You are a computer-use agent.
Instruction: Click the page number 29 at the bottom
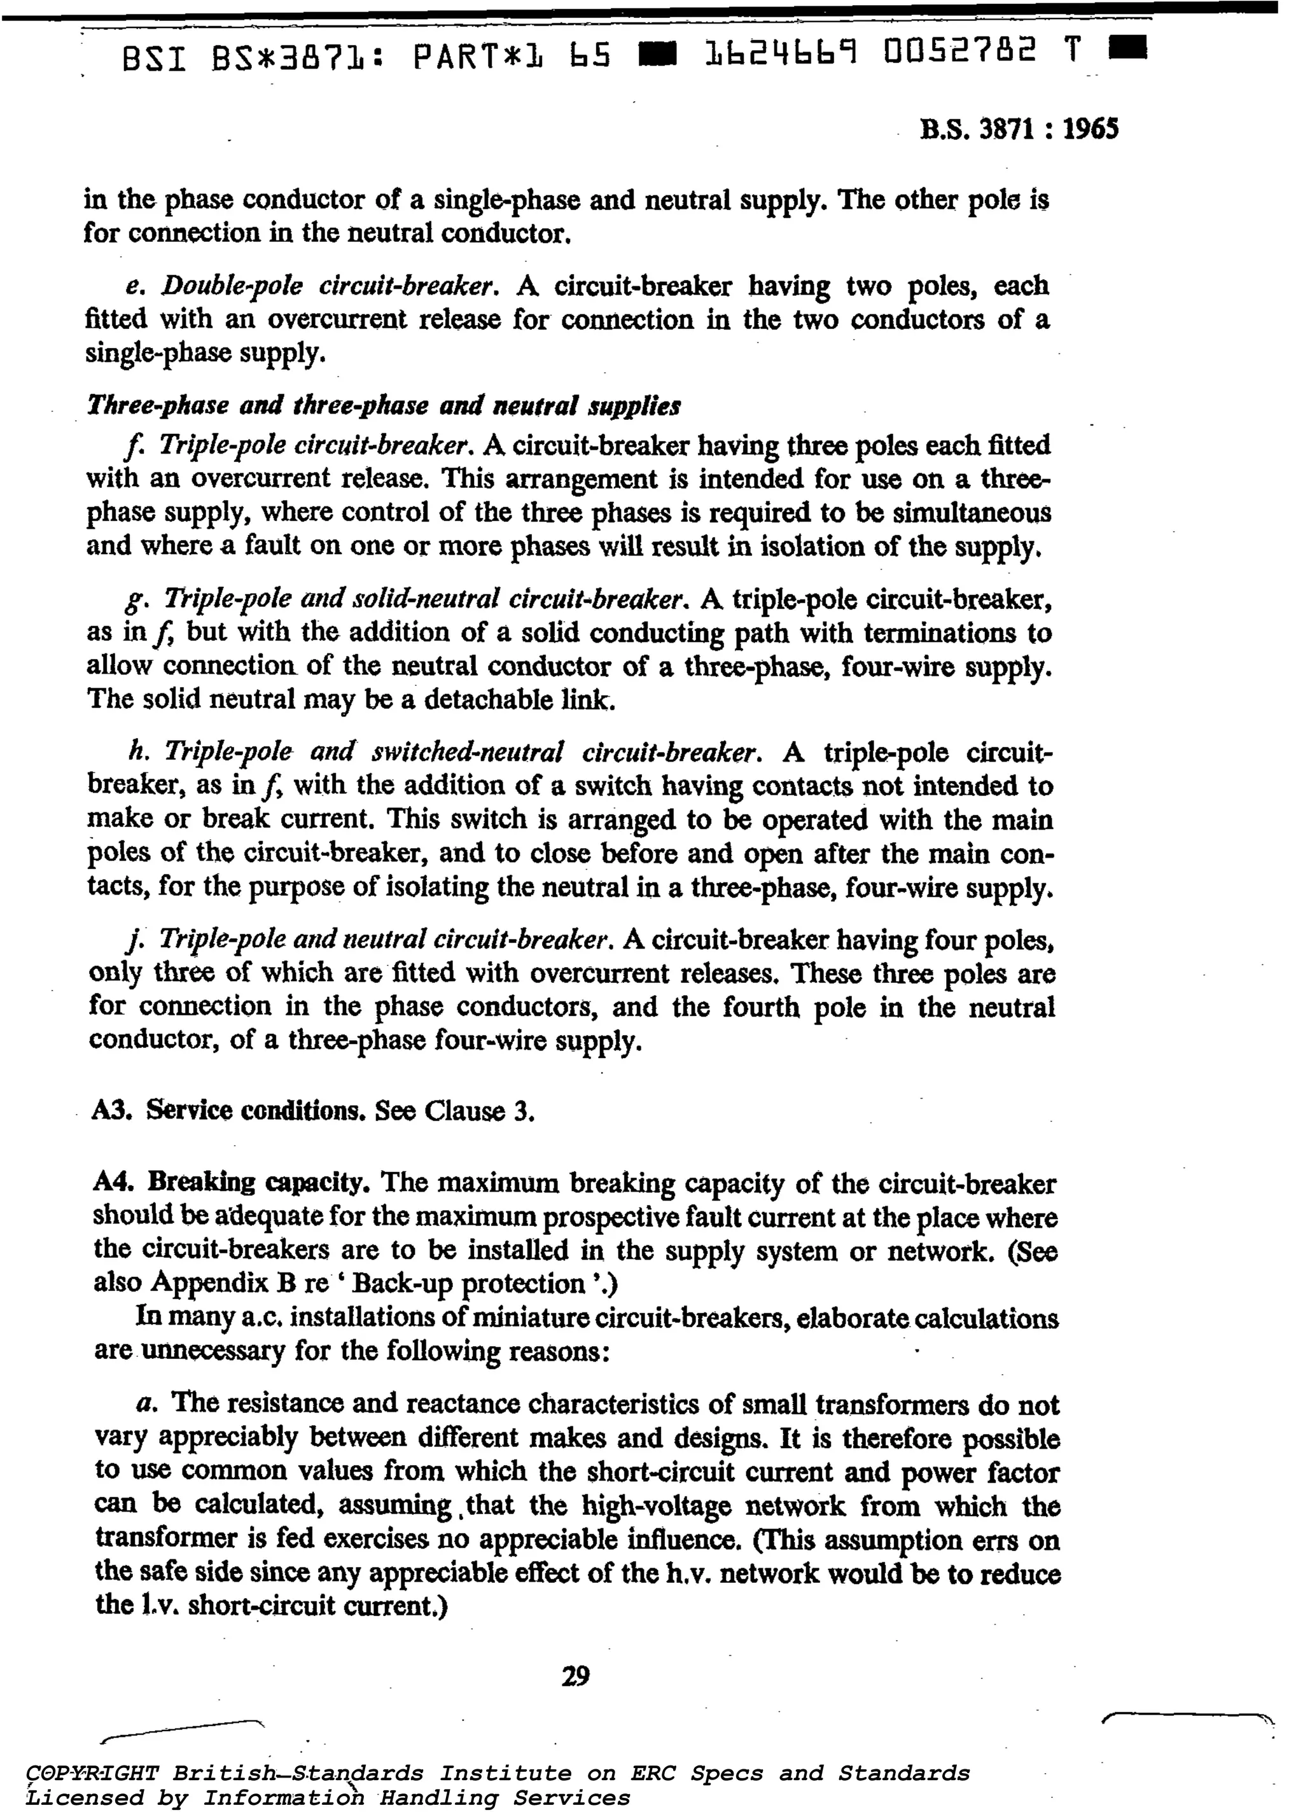coord(575,1675)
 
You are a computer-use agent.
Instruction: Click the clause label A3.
coord(112,1110)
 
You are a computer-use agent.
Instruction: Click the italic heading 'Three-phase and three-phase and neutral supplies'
coord(383,406)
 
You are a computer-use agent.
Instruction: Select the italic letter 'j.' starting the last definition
coord(132,939)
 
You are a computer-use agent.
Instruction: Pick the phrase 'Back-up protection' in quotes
coord(468,1283)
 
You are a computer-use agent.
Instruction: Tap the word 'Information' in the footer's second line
coord(284,1797)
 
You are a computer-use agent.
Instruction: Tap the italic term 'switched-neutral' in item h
coord(467,752)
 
